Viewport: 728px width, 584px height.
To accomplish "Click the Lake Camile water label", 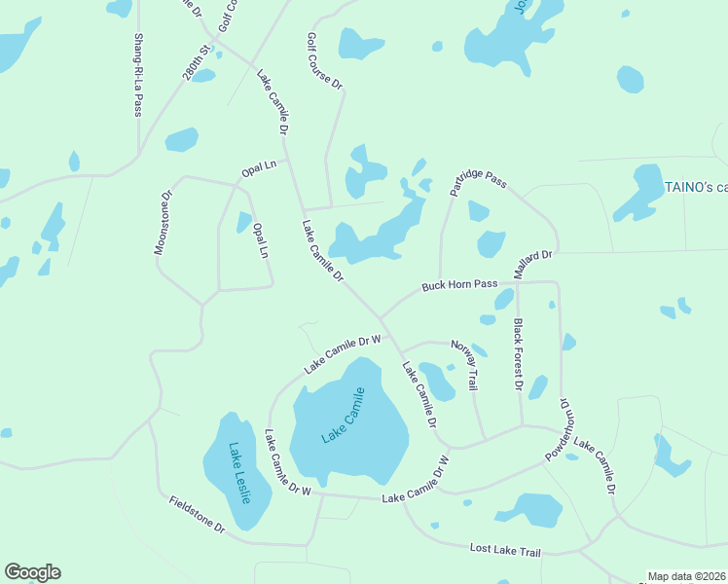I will (x=343, y=416).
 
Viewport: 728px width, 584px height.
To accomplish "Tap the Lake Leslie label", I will (x=239, y=473).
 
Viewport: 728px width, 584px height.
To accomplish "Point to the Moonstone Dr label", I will (x=163, y=223).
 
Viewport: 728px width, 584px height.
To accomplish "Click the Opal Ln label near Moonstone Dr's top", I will (x=259, y=169).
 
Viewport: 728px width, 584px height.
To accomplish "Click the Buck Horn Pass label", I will (x=458, y=286).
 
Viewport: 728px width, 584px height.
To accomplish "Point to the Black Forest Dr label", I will (x=519, y=355).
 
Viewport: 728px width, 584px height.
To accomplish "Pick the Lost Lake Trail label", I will (x=504, y=551).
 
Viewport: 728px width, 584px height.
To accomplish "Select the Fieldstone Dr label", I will (x=197, y=515).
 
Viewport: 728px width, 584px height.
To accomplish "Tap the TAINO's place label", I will (x=695, y=187).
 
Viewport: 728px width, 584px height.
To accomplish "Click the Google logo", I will (x=32, y=572).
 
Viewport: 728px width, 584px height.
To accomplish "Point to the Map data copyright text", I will (x=686, y=576).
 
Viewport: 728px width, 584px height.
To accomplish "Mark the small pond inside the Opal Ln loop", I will (x=243, y=222).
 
